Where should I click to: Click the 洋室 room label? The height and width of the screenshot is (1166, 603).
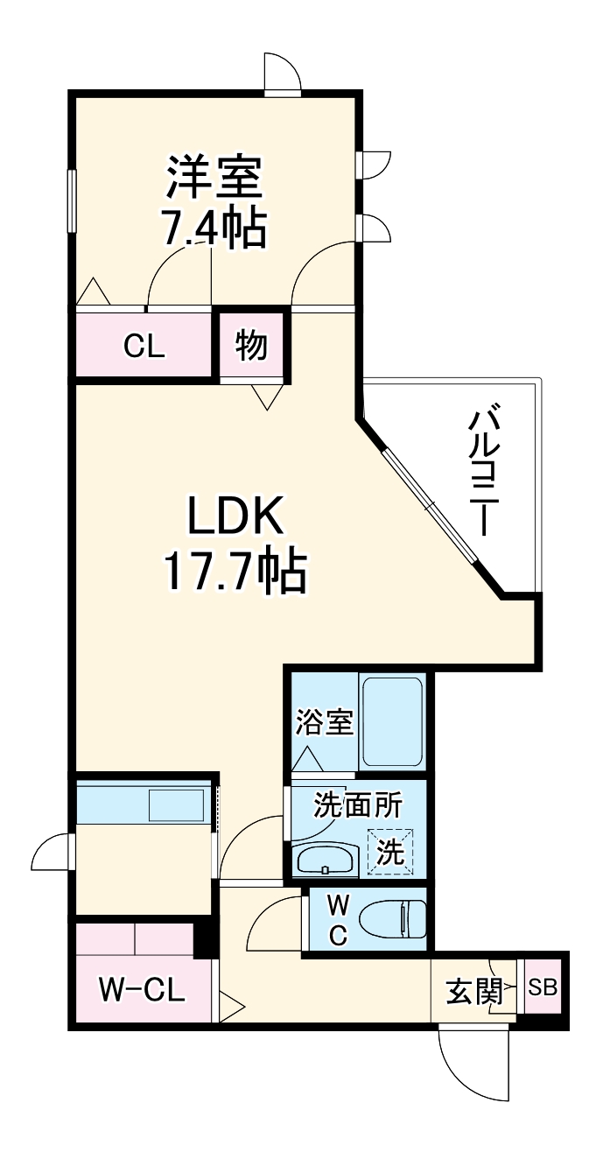(214, 177)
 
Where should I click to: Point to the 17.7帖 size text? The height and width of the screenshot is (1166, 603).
(235, 572)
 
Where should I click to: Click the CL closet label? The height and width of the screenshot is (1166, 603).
(144, 347)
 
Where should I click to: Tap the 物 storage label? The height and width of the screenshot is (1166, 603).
(252, 347)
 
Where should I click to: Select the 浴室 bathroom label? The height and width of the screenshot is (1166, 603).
(324, 723)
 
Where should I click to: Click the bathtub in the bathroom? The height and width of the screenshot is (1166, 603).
(392, 723)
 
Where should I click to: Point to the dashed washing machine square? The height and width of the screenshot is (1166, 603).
(390, 851)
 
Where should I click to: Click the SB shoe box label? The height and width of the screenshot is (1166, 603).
(543, 987)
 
